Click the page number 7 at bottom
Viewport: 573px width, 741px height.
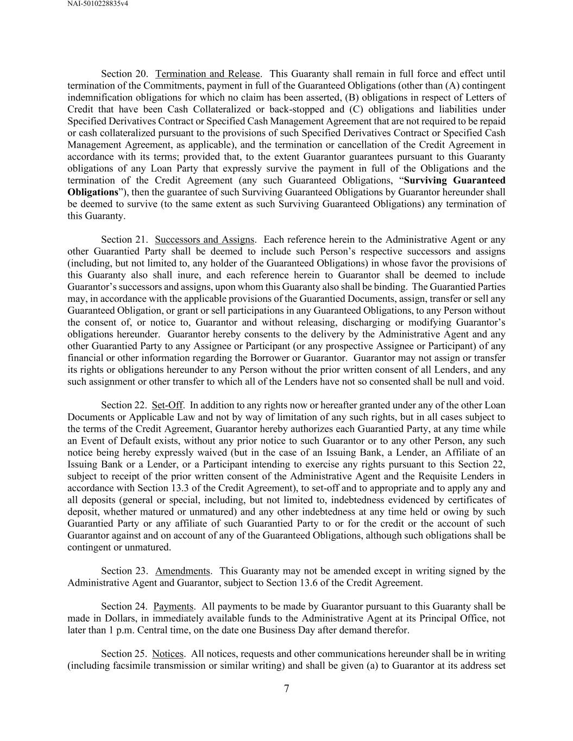[286, 689]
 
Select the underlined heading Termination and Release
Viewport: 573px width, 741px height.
[208, 74]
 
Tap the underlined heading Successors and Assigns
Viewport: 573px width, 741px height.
[205, 239]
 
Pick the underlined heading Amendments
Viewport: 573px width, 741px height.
[182, 571]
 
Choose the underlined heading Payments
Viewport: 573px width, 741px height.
[173, 606]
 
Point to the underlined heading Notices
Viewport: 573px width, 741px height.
[168, 654]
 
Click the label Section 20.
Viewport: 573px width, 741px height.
[124, 74]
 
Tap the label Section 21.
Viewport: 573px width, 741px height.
[124, 239]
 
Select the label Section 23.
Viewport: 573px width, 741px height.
[124, 571]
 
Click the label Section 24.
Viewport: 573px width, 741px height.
[124, 606]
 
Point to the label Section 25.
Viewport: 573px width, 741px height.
[124, 654]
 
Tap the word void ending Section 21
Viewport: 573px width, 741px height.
[494, 382]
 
